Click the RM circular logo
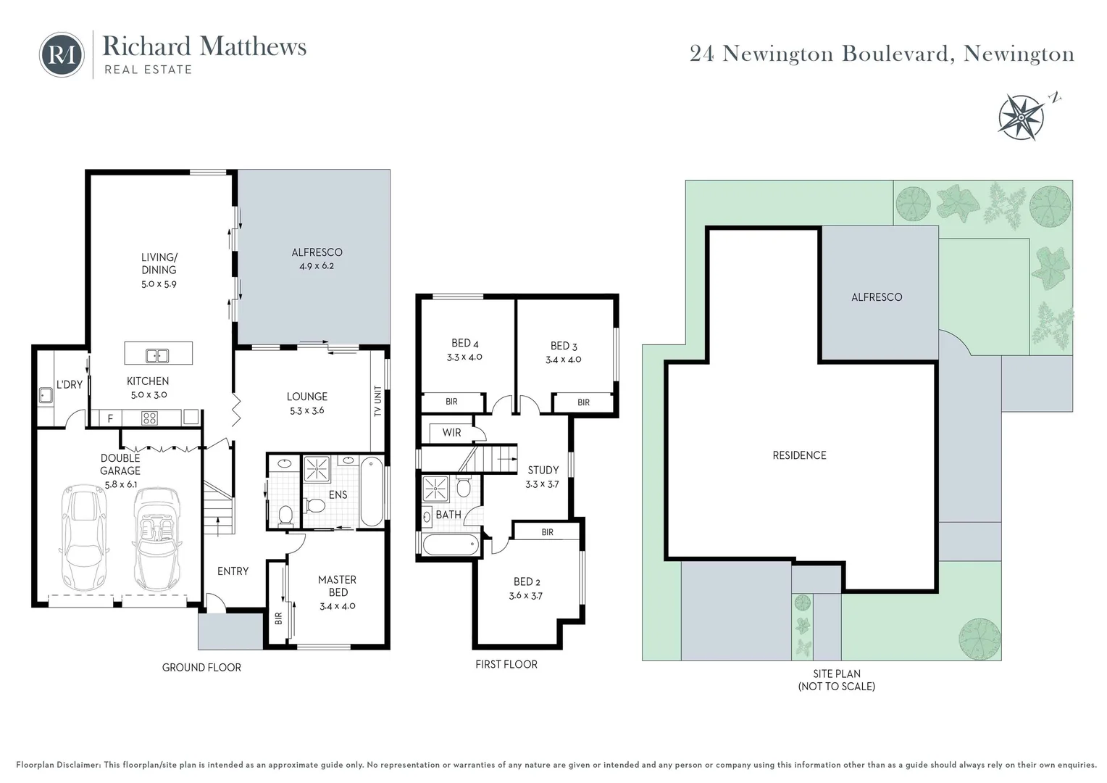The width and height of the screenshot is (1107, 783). [x=62, y=54]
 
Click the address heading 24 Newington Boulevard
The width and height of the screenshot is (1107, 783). [x=882, y=54]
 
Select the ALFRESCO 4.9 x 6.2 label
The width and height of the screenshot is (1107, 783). [x=317, y=259]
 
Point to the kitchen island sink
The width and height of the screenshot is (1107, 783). [x=157, y=355]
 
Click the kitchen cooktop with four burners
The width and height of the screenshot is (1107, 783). [x=149, y=418]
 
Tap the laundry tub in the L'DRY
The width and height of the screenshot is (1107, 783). [x=45, y=395]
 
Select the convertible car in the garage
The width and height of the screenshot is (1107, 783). [x=156, y=537]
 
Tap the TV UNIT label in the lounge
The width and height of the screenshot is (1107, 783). [x=377, y=401]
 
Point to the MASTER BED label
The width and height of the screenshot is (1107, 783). [x=338, y=586]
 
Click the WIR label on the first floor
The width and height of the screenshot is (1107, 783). [x=451, y=433]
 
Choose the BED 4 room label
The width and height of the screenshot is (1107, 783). [x=464, y=349]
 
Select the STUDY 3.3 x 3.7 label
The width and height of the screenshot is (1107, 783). [x=543, y=476]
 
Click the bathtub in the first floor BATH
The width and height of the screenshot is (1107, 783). [x=450, y=544]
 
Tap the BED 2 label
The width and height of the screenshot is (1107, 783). [x=527, y=588]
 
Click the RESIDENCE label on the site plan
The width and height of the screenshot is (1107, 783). [x=799, y=455]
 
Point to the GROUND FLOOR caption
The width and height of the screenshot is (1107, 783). [x=201, y=667]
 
